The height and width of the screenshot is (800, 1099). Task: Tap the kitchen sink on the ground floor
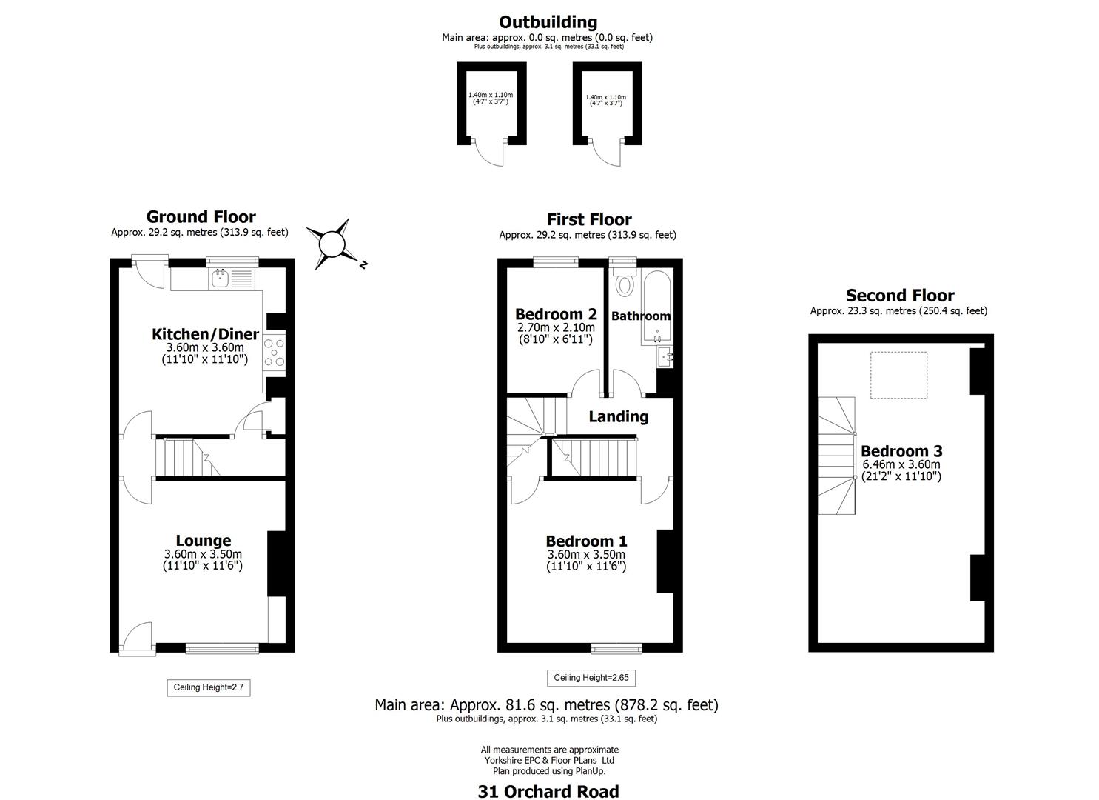(220, 279)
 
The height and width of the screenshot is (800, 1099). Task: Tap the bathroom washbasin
(666, 356)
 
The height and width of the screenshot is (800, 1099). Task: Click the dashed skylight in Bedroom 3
(898, 376)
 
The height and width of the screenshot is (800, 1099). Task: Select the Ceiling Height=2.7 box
(208, 687)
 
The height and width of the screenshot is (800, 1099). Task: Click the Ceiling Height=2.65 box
(591, 678)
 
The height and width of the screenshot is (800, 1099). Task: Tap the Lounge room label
(203, 541)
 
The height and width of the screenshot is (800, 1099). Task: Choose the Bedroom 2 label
(555, 314)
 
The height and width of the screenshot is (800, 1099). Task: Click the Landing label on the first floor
(618, 416)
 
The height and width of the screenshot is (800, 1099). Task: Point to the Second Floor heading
(899, 296)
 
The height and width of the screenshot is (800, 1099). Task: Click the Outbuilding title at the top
(548, 22)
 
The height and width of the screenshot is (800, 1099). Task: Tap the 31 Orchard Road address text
(548, 791)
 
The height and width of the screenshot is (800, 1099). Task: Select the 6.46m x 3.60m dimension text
(901, 464)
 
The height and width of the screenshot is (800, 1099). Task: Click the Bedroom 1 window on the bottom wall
(616, 649)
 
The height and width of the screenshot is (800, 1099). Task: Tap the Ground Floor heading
(201, 216)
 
